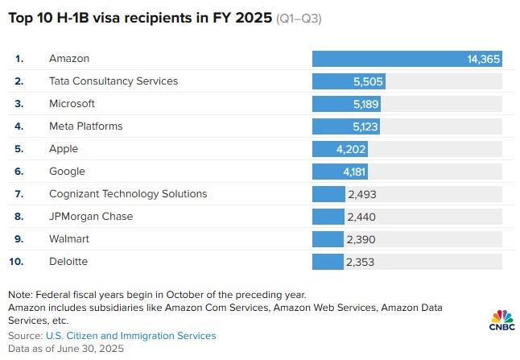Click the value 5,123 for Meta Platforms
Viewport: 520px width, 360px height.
click(364, 126)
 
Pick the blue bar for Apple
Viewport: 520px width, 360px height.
click(328, 149)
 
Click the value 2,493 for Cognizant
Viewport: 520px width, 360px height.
click(362, 194)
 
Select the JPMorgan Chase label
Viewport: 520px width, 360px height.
click(90, 217)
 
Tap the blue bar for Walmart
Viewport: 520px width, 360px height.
click(328, 239)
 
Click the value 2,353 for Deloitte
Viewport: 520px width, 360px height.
click(361, 262)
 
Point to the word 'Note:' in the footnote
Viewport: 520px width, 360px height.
click(21, 294)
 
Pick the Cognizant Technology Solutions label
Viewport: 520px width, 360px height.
click(128, 194)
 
